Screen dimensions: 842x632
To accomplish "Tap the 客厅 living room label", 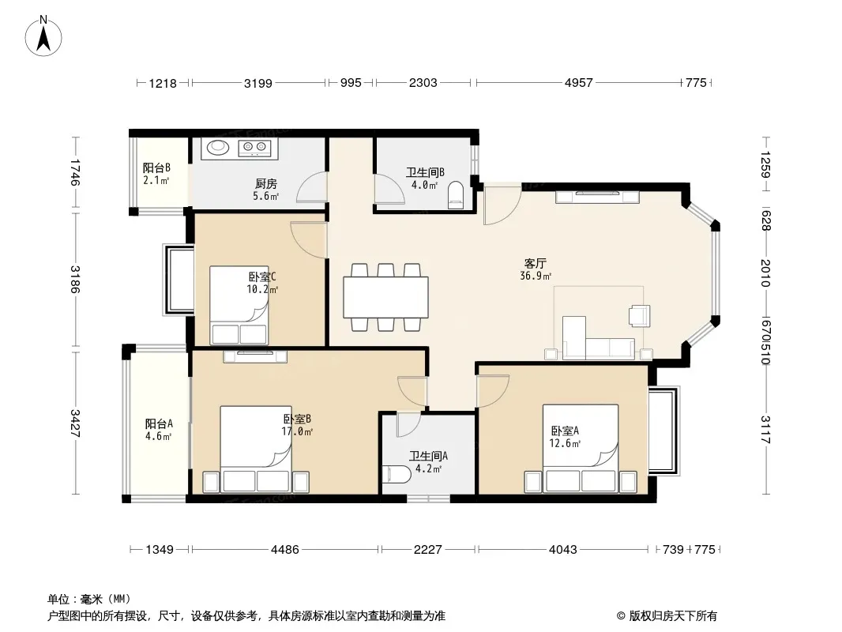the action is point(536,263).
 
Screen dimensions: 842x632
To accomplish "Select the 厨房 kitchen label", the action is point(266,183).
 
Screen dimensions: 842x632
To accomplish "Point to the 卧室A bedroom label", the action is point(565,431).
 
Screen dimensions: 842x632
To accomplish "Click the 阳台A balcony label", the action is point(159,423).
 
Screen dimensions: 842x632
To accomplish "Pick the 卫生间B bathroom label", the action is point(425,172).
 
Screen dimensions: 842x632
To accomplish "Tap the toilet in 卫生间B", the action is point(456,195).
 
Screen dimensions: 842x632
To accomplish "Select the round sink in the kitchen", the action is point(218,147).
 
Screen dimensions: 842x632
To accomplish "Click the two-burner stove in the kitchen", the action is point(254,148).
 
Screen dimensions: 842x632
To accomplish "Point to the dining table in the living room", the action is point(385,297).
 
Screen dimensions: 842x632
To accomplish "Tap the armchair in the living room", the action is point(640,316).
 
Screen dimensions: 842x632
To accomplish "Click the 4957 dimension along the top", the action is point(578,83).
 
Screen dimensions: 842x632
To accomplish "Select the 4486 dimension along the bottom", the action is point(284,549).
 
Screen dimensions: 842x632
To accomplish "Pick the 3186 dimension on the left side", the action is point(74,279).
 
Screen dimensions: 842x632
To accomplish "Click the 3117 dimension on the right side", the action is point(765,430).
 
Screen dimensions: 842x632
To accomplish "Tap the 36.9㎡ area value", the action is point(536,276).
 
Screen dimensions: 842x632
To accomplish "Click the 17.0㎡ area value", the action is point(297,431).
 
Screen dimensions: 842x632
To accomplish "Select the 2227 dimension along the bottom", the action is point(427,549).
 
